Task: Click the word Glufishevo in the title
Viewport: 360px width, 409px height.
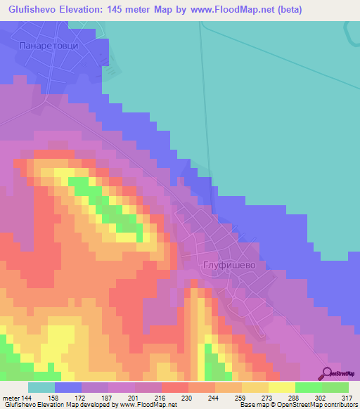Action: (x=36, y=8)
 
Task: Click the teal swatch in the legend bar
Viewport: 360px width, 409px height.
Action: (x=41, y=387)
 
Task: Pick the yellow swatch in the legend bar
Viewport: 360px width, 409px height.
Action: (x=281, y=387)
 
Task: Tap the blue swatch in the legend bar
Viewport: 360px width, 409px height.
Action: (x=68, y=387)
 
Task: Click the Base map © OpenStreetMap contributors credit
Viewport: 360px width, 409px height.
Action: (x=297, y=405)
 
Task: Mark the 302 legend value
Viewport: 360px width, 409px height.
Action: (x=320, y=397)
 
